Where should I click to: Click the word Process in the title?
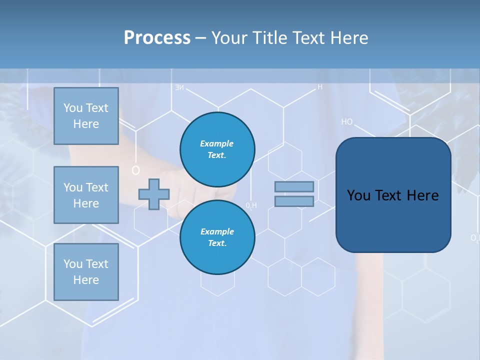[157, 38]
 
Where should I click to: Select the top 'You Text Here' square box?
[86, 116]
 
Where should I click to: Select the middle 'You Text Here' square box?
[86, 195]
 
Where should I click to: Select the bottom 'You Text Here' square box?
[86, 271]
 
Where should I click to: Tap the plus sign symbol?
[154, 194]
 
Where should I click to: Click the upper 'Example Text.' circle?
[217, 149]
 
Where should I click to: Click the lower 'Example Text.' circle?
[217, 237]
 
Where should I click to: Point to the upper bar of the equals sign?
[294, 186]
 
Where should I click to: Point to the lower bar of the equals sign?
[294, 201]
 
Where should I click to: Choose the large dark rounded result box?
[393, 195]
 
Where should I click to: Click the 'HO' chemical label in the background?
[347, 121]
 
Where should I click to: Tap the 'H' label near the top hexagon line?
[320, 87]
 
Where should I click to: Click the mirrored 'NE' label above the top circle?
[179, 88]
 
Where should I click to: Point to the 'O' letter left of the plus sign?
[135, 170]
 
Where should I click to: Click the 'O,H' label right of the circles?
[251, 205]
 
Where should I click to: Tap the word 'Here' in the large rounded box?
[422, 195]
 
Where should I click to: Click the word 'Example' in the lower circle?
[217, 231]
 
